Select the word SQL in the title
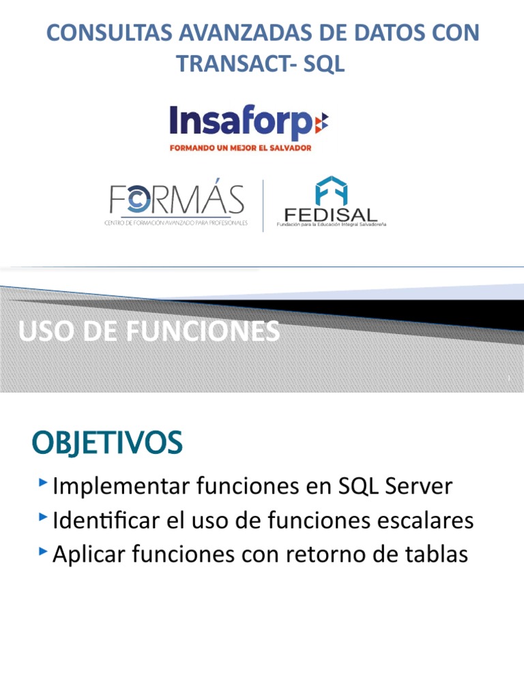click(x=322, y=63)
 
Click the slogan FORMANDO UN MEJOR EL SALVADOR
click(x=240, y=148)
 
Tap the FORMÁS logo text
click(x=176, y=199)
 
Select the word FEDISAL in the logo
click(x=331, y=213)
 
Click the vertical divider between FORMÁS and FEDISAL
click(x=263, y=205)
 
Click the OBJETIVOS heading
click(x=107, y=444)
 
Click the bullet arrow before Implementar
click(x=44, y=483)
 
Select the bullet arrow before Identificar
click(x=44, y=517)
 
